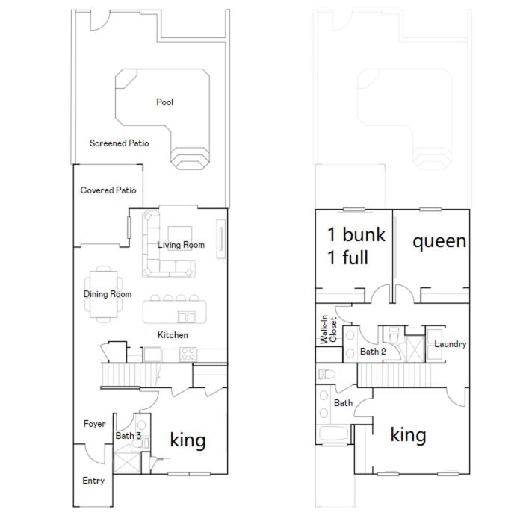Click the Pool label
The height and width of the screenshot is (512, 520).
coord(164,102)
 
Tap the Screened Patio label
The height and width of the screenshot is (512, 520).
coord(119,143)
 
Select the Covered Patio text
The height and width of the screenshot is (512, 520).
coord(108,190)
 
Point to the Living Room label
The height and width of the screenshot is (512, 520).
coord(181,245)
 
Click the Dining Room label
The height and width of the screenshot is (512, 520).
coord(108,294)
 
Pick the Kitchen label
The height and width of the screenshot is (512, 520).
coord(173,335)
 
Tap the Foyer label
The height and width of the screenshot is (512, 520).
coord(95,424)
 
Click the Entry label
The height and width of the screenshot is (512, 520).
coord(93,481)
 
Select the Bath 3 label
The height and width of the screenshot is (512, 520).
coord(128,435)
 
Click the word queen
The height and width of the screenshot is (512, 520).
coord(439,242)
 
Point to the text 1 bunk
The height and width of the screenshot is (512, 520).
coord(356,234)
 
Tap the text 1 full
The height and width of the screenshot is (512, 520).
coord(347,257)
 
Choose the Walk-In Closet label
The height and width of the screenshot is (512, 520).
coord(328,329)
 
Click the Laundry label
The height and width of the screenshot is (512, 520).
coord(451,344)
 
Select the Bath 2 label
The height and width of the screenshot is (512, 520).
coord(373,352)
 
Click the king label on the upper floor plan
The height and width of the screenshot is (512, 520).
coord(408,435)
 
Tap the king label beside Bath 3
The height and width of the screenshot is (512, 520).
coord(188,440)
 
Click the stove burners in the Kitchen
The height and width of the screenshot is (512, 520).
coord(188,354)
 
